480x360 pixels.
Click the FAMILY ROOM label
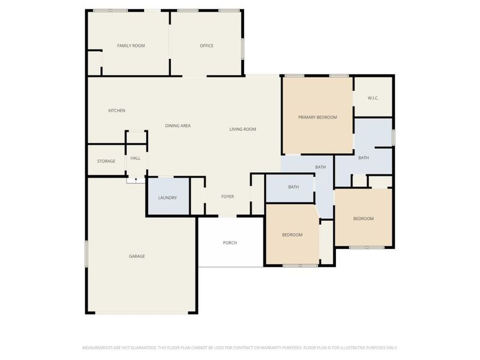pos(131,46)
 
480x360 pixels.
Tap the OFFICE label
pos(206,46)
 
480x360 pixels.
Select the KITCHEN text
pos(116,110)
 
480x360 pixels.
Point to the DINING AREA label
pos(178,125)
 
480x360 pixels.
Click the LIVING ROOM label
pos(243,129)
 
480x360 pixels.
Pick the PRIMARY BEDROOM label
pos(317,117)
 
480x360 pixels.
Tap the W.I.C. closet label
pos(373,98)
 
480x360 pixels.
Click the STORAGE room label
pos(106,161)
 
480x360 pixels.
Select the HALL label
pos(136,158)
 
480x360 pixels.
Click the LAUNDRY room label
pos(167,198)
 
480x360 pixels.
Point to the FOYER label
pos(228,197)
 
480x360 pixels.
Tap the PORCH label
pos(230,243)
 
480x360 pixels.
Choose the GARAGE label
pos(137,256)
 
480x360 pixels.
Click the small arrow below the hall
pos(136,180)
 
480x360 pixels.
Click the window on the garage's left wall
pos(86,253)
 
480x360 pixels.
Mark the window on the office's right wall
pos(243,49)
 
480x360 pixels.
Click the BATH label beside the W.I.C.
pos(364,158)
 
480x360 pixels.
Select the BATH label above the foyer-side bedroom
pos(293,187)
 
